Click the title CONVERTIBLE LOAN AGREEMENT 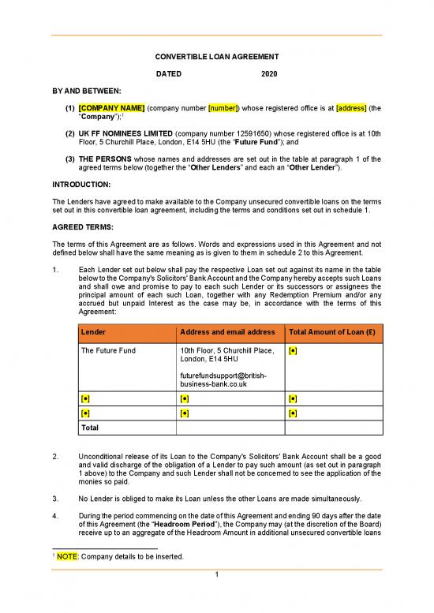[x=216, y=57]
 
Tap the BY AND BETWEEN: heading [x=81, y=91]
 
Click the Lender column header [x=94, y=331]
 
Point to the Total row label [x=91, y=428]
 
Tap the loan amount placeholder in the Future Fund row [x=293, y=349]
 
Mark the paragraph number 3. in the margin [x=54, y=499]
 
